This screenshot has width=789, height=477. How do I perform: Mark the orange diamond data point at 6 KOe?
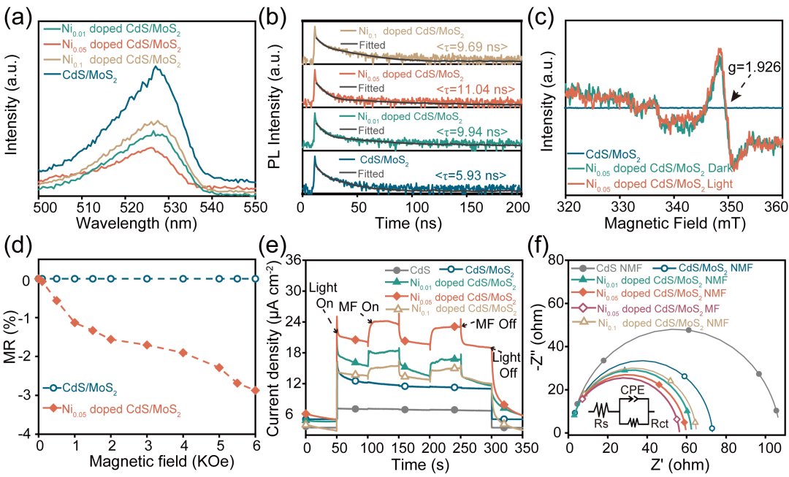255,390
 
